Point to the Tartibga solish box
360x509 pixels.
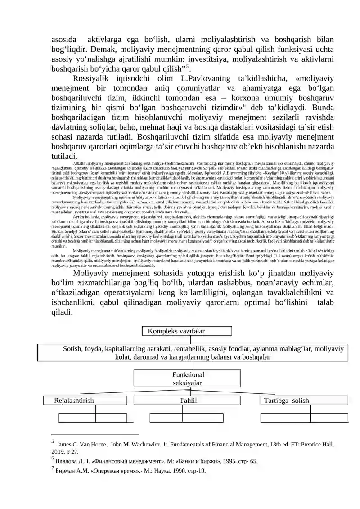click(x=304, y=401)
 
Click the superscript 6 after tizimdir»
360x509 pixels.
click(x=245, y=107)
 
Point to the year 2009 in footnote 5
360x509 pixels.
click(x=58, y=451)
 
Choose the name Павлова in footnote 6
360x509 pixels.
click(x=67, y=461)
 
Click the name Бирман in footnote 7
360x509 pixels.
click(x=66, y=471)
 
